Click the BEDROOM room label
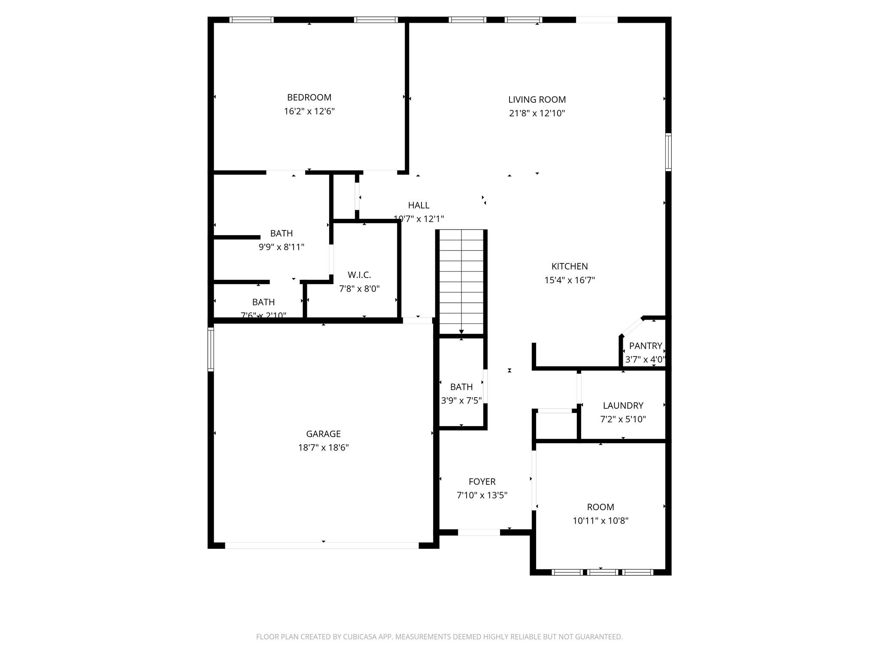[x=309, y=97]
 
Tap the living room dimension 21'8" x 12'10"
[x=537, y=114]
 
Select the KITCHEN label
[x=570, y=266]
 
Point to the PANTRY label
[x=645, y=346]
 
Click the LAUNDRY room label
[x=623, y=405]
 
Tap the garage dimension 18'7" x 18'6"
[x=323, y=448]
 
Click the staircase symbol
[x=461, y=282]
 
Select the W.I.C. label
[x=359, y=275]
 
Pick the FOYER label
[x=482, y=482]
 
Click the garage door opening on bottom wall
[x=322, y=545]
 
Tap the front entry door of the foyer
[x=479, y=532]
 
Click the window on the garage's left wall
[x=211, y=349]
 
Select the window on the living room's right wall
[x=668, y=152]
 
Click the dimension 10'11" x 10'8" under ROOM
[x=600, y=521]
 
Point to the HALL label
[x=418, y=206]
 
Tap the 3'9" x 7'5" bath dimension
[x=461, y=401]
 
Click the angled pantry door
[x=631, y=327]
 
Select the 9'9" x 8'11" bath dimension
[x=281, y=247]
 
